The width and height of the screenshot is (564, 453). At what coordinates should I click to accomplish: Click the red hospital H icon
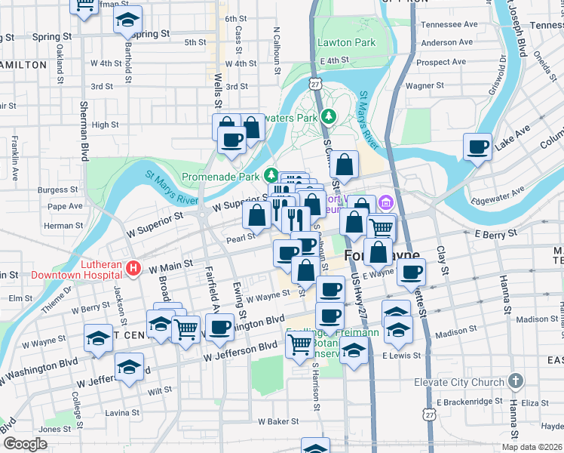point(133,267)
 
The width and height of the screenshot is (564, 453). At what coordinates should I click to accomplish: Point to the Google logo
point(25,444)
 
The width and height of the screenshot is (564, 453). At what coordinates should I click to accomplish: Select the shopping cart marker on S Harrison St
point(300,344)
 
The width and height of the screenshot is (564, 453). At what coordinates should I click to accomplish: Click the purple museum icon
point(386,202)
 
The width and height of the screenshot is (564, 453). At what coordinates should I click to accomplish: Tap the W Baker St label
point(280,421)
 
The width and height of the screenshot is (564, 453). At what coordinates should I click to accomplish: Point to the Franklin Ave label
point(14,158)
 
